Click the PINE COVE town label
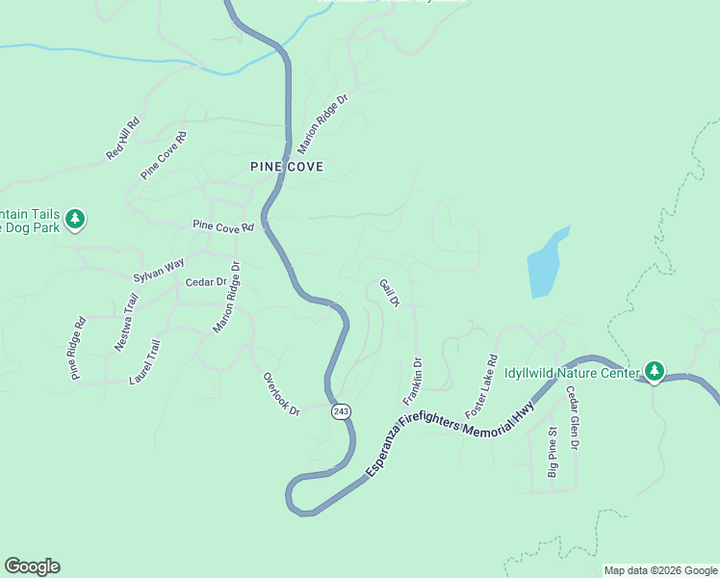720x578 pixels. [x=287, y=167]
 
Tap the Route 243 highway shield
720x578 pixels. [x=341, y=411]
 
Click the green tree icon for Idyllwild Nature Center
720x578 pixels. [x=655, y=371]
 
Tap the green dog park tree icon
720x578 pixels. [x=75, y=220]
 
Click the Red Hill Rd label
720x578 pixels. [x=123, y=138]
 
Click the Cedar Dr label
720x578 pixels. [x=205, y=282]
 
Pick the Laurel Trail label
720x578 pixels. [x=145, y=362]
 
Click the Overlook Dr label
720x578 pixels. [x=282, y=394]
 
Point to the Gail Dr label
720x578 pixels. [x=389, y=293]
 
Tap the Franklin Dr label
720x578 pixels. [x=413, y=381]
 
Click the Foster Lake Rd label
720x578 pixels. [x=481, y=388]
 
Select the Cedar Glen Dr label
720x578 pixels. [x=572, y=418]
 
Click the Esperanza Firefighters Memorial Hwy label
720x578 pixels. [x=462, y=421]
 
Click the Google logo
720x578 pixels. [x=32, y=566]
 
